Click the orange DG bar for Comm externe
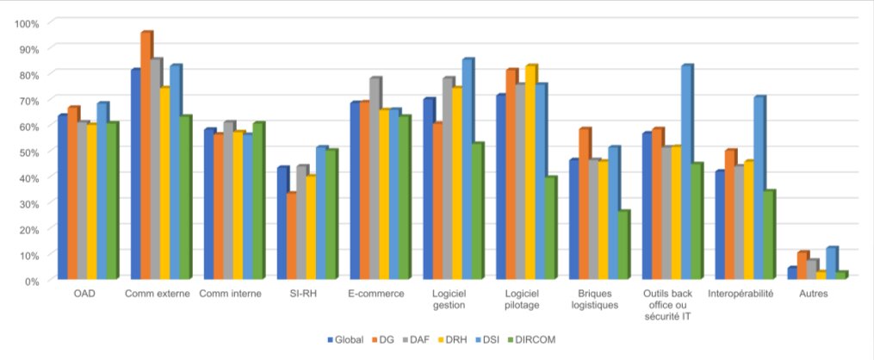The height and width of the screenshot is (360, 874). pos(146,155)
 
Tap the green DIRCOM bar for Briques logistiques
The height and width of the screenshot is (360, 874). pos(623,245)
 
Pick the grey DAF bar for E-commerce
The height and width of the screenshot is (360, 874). pos(375,177)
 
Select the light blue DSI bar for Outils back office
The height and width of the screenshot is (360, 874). pos(686,172)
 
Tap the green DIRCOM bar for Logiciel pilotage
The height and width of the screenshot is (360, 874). pos(549,227)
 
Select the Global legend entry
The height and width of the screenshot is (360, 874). pos(345,340)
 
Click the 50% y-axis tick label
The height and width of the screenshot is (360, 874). pos(31,152)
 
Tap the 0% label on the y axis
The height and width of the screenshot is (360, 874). pos(33,281)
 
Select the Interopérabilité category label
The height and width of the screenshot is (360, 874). pos(741,295)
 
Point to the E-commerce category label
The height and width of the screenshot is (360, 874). pos(375,295)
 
